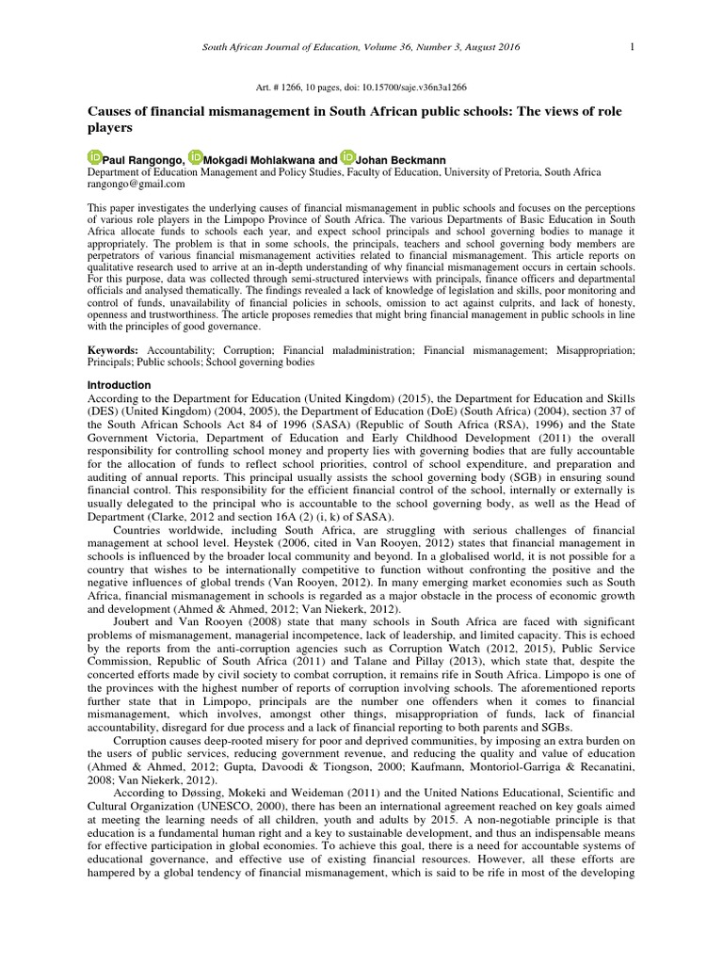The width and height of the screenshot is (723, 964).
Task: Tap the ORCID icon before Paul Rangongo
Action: (x=95, y=157)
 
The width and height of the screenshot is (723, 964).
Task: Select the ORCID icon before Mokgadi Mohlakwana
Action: (x=195, y=157)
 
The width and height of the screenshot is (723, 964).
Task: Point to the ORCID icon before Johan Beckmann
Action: (x=348, y=157)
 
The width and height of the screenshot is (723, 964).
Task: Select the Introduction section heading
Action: (x=119, y=385)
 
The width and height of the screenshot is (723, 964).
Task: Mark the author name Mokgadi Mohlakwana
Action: (x=255, y=160)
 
